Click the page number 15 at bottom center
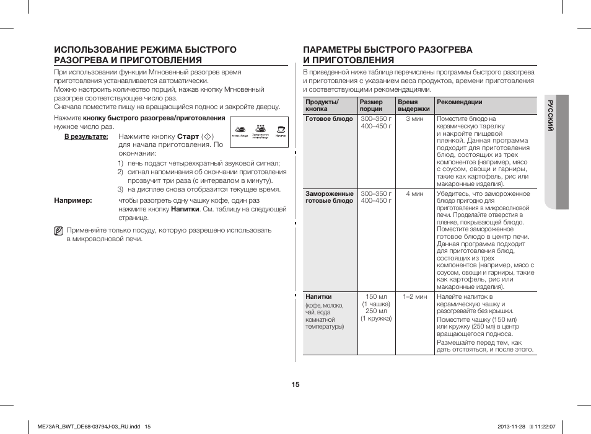295,384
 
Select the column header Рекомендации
459,102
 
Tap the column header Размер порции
371,105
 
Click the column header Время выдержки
413,105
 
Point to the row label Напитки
318,296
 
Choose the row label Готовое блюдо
329,119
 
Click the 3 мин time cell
414,119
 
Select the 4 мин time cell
414,194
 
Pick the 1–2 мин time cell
414,296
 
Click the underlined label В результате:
87,136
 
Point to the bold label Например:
73,201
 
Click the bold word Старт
188,136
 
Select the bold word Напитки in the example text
185,210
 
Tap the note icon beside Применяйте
58,231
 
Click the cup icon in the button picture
281,130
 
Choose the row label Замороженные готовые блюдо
329,197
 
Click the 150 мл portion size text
376,296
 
